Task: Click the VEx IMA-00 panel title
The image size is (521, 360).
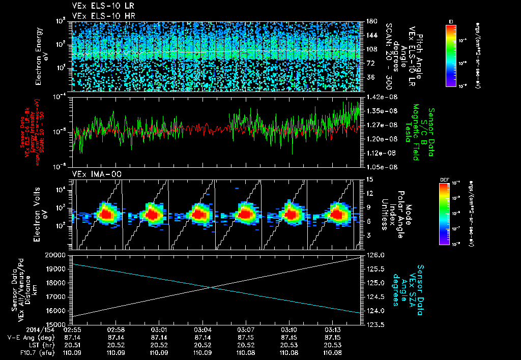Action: (92, 174)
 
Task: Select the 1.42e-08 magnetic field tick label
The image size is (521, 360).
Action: (380, 97)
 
